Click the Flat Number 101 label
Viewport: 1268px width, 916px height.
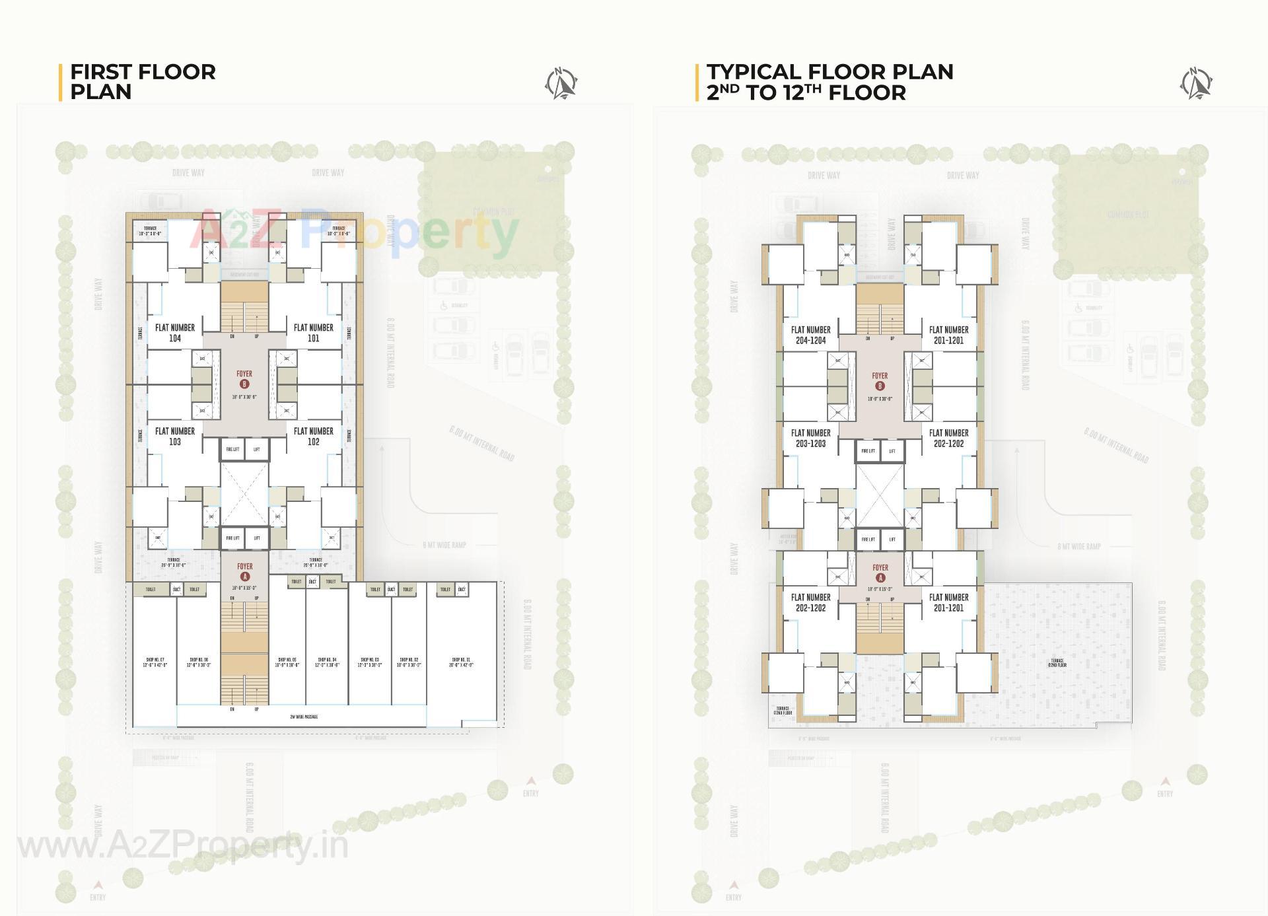313,332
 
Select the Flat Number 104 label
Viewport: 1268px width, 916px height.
174,332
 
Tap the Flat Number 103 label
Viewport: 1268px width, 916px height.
174,436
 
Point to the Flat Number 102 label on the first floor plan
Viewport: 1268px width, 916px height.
313,436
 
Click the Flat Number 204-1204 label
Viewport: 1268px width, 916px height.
810,335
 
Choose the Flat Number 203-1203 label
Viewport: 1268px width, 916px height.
810,438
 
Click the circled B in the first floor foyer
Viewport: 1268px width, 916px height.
244,384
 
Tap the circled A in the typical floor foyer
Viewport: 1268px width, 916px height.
880,578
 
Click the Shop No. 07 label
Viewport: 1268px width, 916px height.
155,662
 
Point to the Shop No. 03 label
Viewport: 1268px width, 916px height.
370,662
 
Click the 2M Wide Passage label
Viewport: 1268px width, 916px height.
304,717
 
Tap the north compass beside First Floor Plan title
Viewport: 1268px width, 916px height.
561,84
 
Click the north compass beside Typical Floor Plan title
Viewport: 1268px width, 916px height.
1197,84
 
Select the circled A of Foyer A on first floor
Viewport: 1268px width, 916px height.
245,577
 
